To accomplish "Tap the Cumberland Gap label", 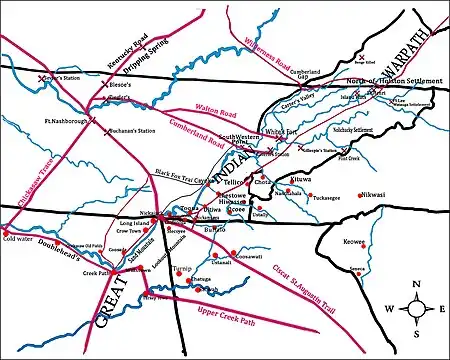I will [306, 76].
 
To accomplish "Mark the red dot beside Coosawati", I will [232, 251].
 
